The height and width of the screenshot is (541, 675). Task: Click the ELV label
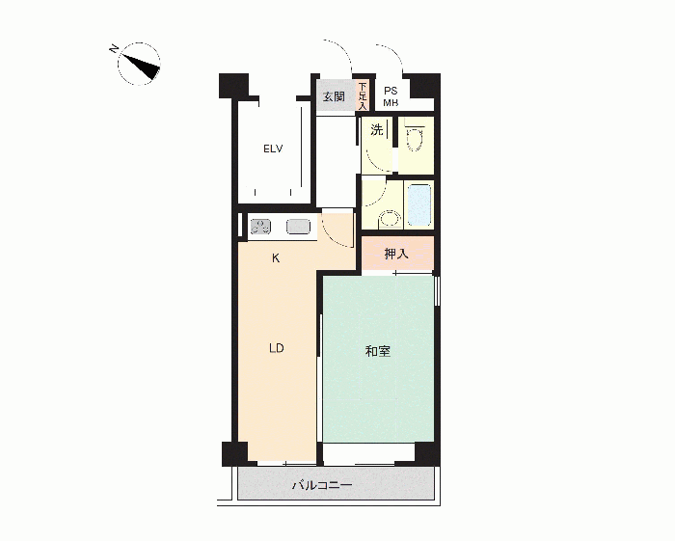(x=273, y=149)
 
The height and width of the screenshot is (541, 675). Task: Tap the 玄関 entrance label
(x=334, y=96)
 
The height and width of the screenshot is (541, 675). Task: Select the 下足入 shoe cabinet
(x=363, y=96)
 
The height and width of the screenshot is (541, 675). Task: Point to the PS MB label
(x=391, y=96)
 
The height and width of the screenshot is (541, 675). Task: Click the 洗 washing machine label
(x=377, y=129)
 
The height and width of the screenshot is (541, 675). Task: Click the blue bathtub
(x=418, y=204)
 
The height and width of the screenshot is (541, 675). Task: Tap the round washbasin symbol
(x=391, y=220)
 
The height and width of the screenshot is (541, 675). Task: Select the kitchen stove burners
(x=260, y=227)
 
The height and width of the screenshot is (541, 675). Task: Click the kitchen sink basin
(x=298, y=227)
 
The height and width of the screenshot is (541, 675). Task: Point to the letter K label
(x=276, y=258)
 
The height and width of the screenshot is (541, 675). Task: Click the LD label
(x=277, y=348)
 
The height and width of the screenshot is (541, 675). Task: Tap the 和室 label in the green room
(x=378, y=351)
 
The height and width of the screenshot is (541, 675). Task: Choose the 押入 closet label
(x=396, y=254)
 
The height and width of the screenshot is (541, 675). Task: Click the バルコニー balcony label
(x=322, y=485)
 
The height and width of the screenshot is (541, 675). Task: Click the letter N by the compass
(x=114, y=48)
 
